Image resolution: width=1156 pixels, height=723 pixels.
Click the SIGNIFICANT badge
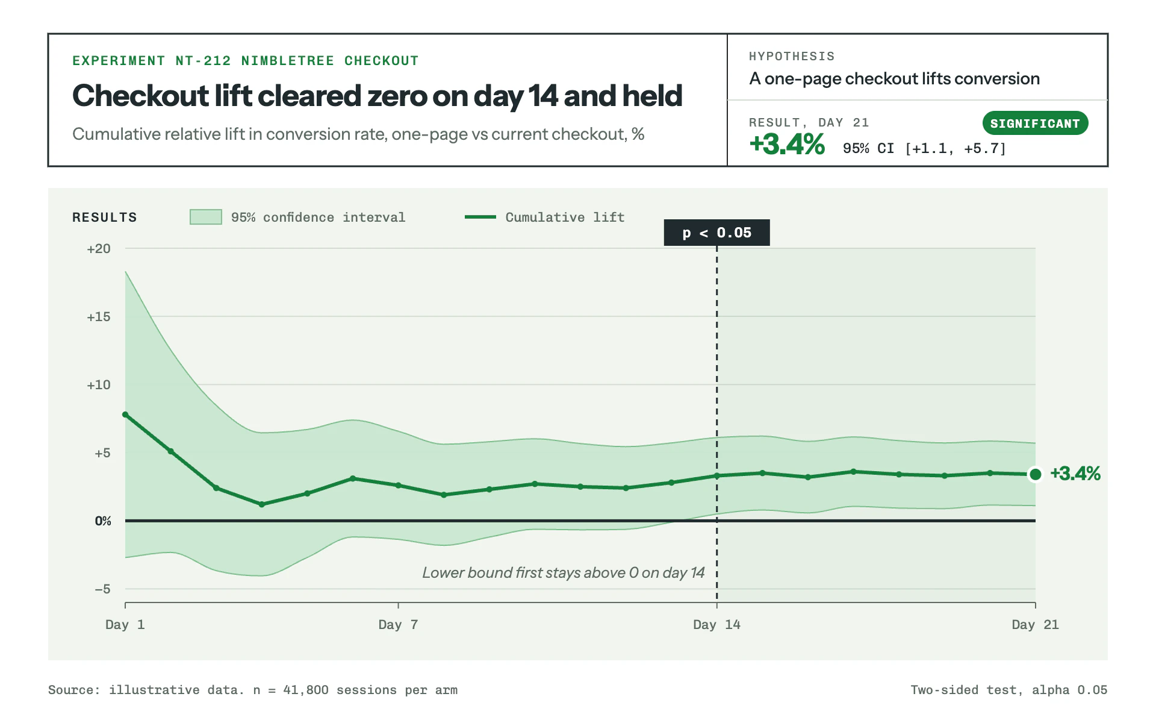pos(1035,124)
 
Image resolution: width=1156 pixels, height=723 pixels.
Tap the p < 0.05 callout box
pos(716,233)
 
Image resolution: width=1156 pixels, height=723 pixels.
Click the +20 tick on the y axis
pos(99,249)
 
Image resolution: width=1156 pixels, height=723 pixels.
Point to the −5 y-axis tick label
pos(103,589)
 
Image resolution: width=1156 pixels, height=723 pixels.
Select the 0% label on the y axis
pos(103,521)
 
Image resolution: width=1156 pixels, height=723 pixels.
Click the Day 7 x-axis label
pos(398,625)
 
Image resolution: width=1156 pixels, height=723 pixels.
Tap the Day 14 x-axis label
pos(716,625)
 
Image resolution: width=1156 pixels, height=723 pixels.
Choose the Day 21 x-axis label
pos(1035,625)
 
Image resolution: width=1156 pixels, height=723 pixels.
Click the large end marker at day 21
pos(1036,474)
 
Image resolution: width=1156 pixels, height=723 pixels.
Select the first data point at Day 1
pos(125,415)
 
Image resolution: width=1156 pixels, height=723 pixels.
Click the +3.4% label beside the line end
pos(1075,474)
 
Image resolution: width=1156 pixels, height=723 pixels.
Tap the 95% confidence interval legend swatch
pos(206,217)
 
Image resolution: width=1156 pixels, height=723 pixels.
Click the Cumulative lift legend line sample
pos(480,217)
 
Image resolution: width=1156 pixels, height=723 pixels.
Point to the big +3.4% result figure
pos(787,145)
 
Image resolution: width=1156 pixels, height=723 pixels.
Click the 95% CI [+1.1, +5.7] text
pos(924,149)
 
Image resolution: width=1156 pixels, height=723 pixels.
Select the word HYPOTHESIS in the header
pos(792,57)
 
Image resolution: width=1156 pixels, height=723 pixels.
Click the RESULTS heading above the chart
pos(105,218)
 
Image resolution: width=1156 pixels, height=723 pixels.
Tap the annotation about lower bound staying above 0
pos(564,572)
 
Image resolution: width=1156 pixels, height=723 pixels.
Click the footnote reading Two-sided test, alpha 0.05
pos(1009,690)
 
